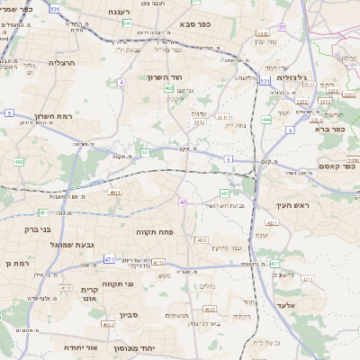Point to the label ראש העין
click(289, 205)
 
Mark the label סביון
click(129, 315)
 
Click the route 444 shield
click(266, 118)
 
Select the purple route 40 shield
click(184, 202)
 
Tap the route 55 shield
click(282, 28)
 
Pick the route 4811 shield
click(115, 193)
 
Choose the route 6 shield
click(289, 130)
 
